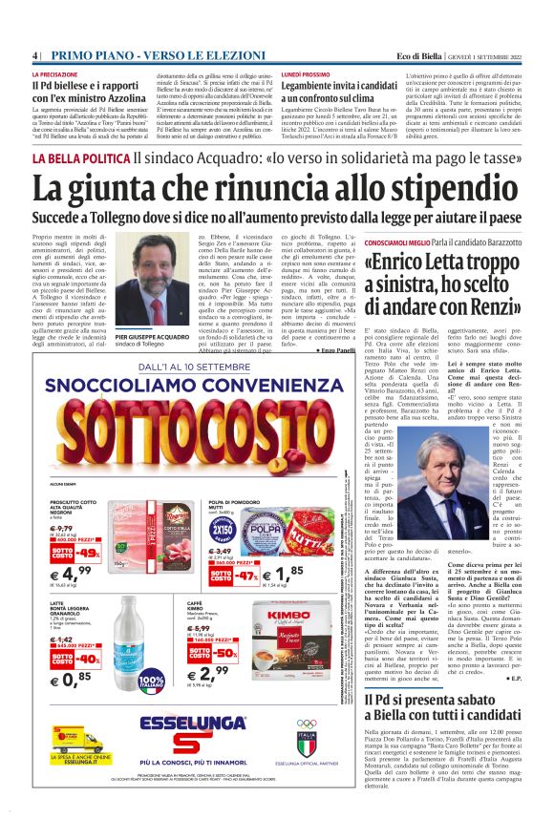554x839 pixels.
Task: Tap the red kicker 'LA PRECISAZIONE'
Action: [x=55, y=73]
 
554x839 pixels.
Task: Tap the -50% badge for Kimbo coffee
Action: [x=225, y=653]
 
